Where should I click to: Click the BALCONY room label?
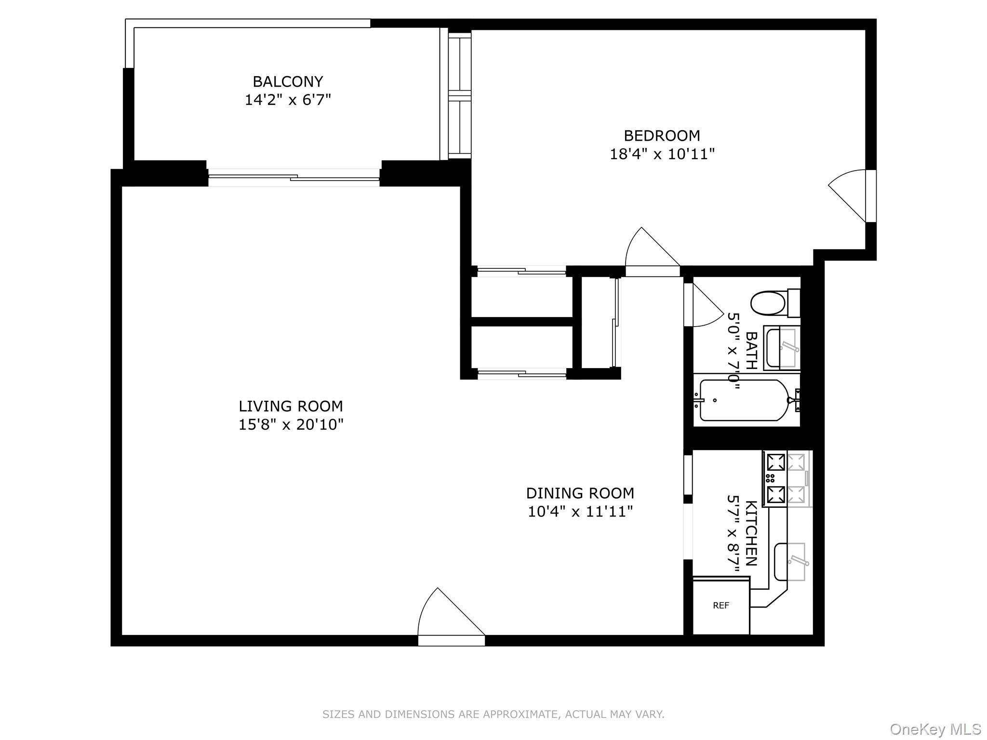(288, 81)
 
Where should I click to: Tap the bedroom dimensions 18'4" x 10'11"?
(662, 154)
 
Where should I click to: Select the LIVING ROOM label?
(291, 406)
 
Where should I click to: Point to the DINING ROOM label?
(580, 493)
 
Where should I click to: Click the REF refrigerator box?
(721, 606)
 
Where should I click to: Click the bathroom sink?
(782, 348)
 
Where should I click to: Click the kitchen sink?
(790, 561)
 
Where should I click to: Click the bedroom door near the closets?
(653, 251)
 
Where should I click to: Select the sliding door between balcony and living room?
(294, 178)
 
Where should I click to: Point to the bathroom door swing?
(703, 305)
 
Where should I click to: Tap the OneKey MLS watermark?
(935, 729)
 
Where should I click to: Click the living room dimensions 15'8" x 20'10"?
(291, 425)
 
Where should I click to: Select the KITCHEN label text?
(751, 533)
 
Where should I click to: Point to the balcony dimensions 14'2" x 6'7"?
(288, 100)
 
